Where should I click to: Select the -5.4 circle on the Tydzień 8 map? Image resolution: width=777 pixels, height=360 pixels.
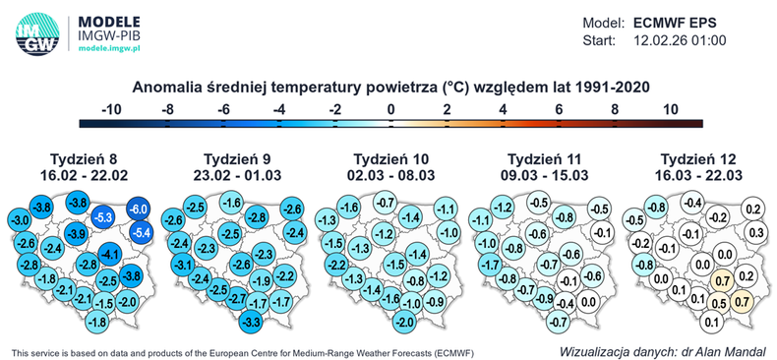pyautogui.click(x=142, y=232)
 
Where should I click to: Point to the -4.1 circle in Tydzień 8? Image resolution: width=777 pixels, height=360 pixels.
pyautogui.click(x=110, y=256)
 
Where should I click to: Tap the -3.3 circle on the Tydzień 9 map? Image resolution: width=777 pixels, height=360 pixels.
pyautogui.click(x=250, y=322)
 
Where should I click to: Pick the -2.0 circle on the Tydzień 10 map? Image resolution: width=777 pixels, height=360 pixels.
pyautogui.click(x=403, y=322)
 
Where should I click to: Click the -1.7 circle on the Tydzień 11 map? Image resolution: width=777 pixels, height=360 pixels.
pyautogui.click(x=484, y=265)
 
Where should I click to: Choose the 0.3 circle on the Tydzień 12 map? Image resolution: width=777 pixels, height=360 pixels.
pyautogui.click(x=754, y=232)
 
